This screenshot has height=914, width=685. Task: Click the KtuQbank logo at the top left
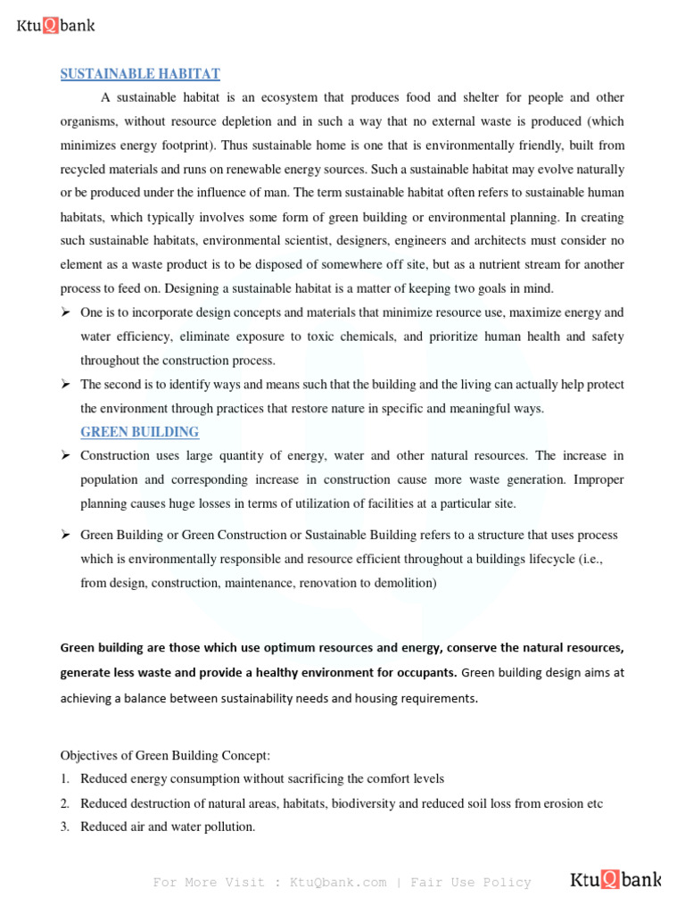(x=56, y=26)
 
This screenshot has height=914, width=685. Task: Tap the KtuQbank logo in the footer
(x=615, y=881)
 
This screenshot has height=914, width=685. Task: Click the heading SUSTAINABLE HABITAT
(x=140, y=74)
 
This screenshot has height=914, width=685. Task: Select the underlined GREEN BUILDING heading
(x=139, y=432)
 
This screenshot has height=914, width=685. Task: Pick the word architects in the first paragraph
(x=520, y=241)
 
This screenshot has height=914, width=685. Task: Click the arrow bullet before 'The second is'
(x=66, y=385)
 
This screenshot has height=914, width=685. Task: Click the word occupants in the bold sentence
(x=425, y=671)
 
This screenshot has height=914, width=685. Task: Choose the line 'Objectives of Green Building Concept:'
(x=159, y=755)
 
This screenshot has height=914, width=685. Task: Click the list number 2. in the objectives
(x=65, y=803)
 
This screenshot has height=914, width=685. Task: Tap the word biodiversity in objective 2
(x=363, y=803)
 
